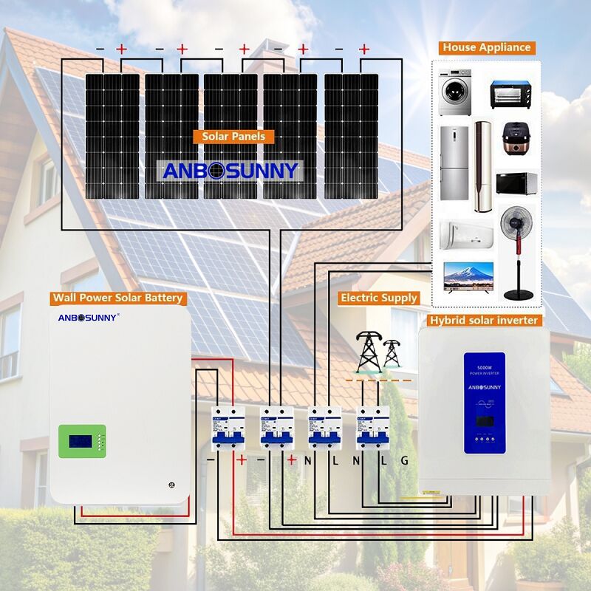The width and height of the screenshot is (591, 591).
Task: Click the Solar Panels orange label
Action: [x=233, y=137]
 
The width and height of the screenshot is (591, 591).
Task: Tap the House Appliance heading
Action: [x=486, y=47]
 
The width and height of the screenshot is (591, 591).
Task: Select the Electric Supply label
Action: [x=379, y=298]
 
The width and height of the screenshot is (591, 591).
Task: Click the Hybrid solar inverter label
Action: [x=484, y=320]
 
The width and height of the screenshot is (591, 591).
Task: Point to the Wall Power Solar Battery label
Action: [x=117, y=298]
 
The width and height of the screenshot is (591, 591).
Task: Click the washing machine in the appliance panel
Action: [x=455, y=92]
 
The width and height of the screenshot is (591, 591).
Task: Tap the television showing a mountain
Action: [x=466, y=278]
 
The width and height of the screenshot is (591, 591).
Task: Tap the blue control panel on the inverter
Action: [x=484, y=403]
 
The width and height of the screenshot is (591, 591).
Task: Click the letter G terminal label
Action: [x=404, y=460]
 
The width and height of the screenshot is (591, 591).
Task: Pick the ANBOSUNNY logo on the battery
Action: [x=88, y=319]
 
